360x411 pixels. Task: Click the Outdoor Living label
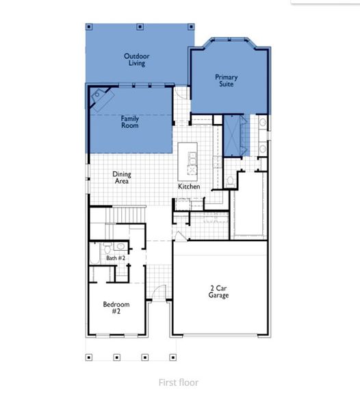[x=137, y=60]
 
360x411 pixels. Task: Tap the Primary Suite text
[x=227, y=80]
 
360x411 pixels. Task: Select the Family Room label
[x=130, y=122]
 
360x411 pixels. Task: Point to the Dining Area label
[x=122, y=178]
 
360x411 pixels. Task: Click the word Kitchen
[x=189, y=186]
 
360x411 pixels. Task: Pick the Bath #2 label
[x=116, y=258]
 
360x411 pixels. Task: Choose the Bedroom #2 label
[x=116, y=308]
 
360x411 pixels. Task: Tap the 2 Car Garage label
[x=219, y=292]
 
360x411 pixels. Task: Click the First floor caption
[x=178, y=382]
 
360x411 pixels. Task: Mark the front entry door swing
[x=158, y=293]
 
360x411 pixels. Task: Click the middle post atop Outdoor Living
[x=139, y=27]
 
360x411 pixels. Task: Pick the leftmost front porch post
[x=88, y=357]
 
